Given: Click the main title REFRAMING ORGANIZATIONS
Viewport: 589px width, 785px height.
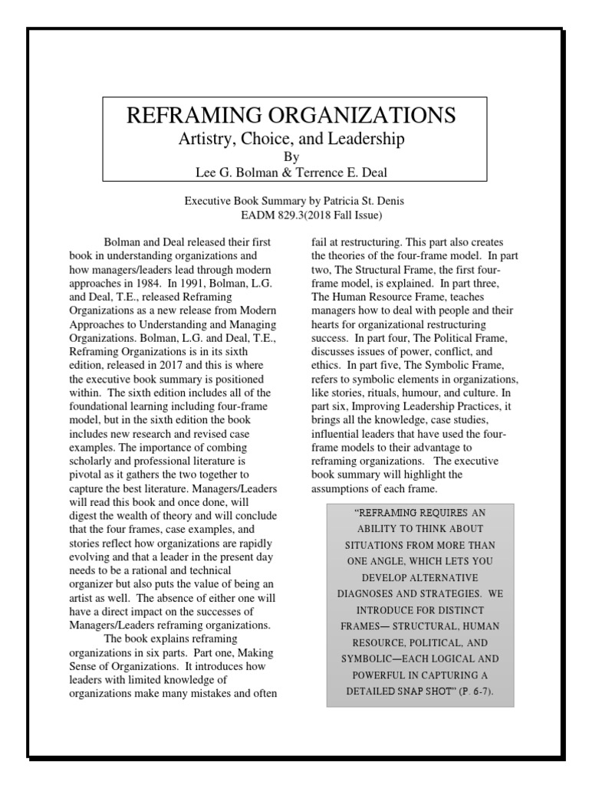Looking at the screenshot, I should click(291, 116).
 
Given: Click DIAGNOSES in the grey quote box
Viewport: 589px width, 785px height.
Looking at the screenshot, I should click(371, 592).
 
